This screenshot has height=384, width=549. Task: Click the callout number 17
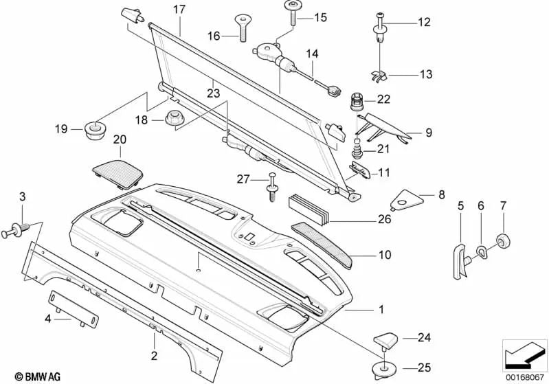point(179,10)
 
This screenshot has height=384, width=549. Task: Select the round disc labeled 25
point(380,369)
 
